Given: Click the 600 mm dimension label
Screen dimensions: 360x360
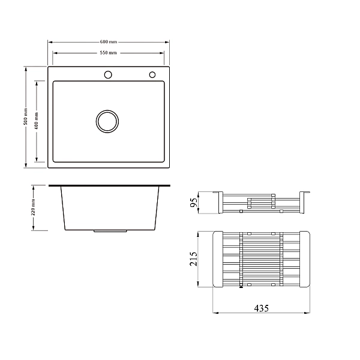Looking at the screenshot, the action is (109, 42).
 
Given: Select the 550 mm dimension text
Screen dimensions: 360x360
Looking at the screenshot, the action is (108, 53).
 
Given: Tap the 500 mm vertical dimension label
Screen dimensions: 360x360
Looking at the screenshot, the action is (25, 116).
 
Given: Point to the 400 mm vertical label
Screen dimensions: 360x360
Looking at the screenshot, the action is (36, 121).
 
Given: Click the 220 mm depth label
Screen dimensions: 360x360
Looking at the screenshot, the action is (33, 208).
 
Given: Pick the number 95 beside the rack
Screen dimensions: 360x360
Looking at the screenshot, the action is (194, 202).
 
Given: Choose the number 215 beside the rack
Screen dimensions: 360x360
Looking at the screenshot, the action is (193, 259).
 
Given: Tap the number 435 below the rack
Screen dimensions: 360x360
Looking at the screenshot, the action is (261, 308).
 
